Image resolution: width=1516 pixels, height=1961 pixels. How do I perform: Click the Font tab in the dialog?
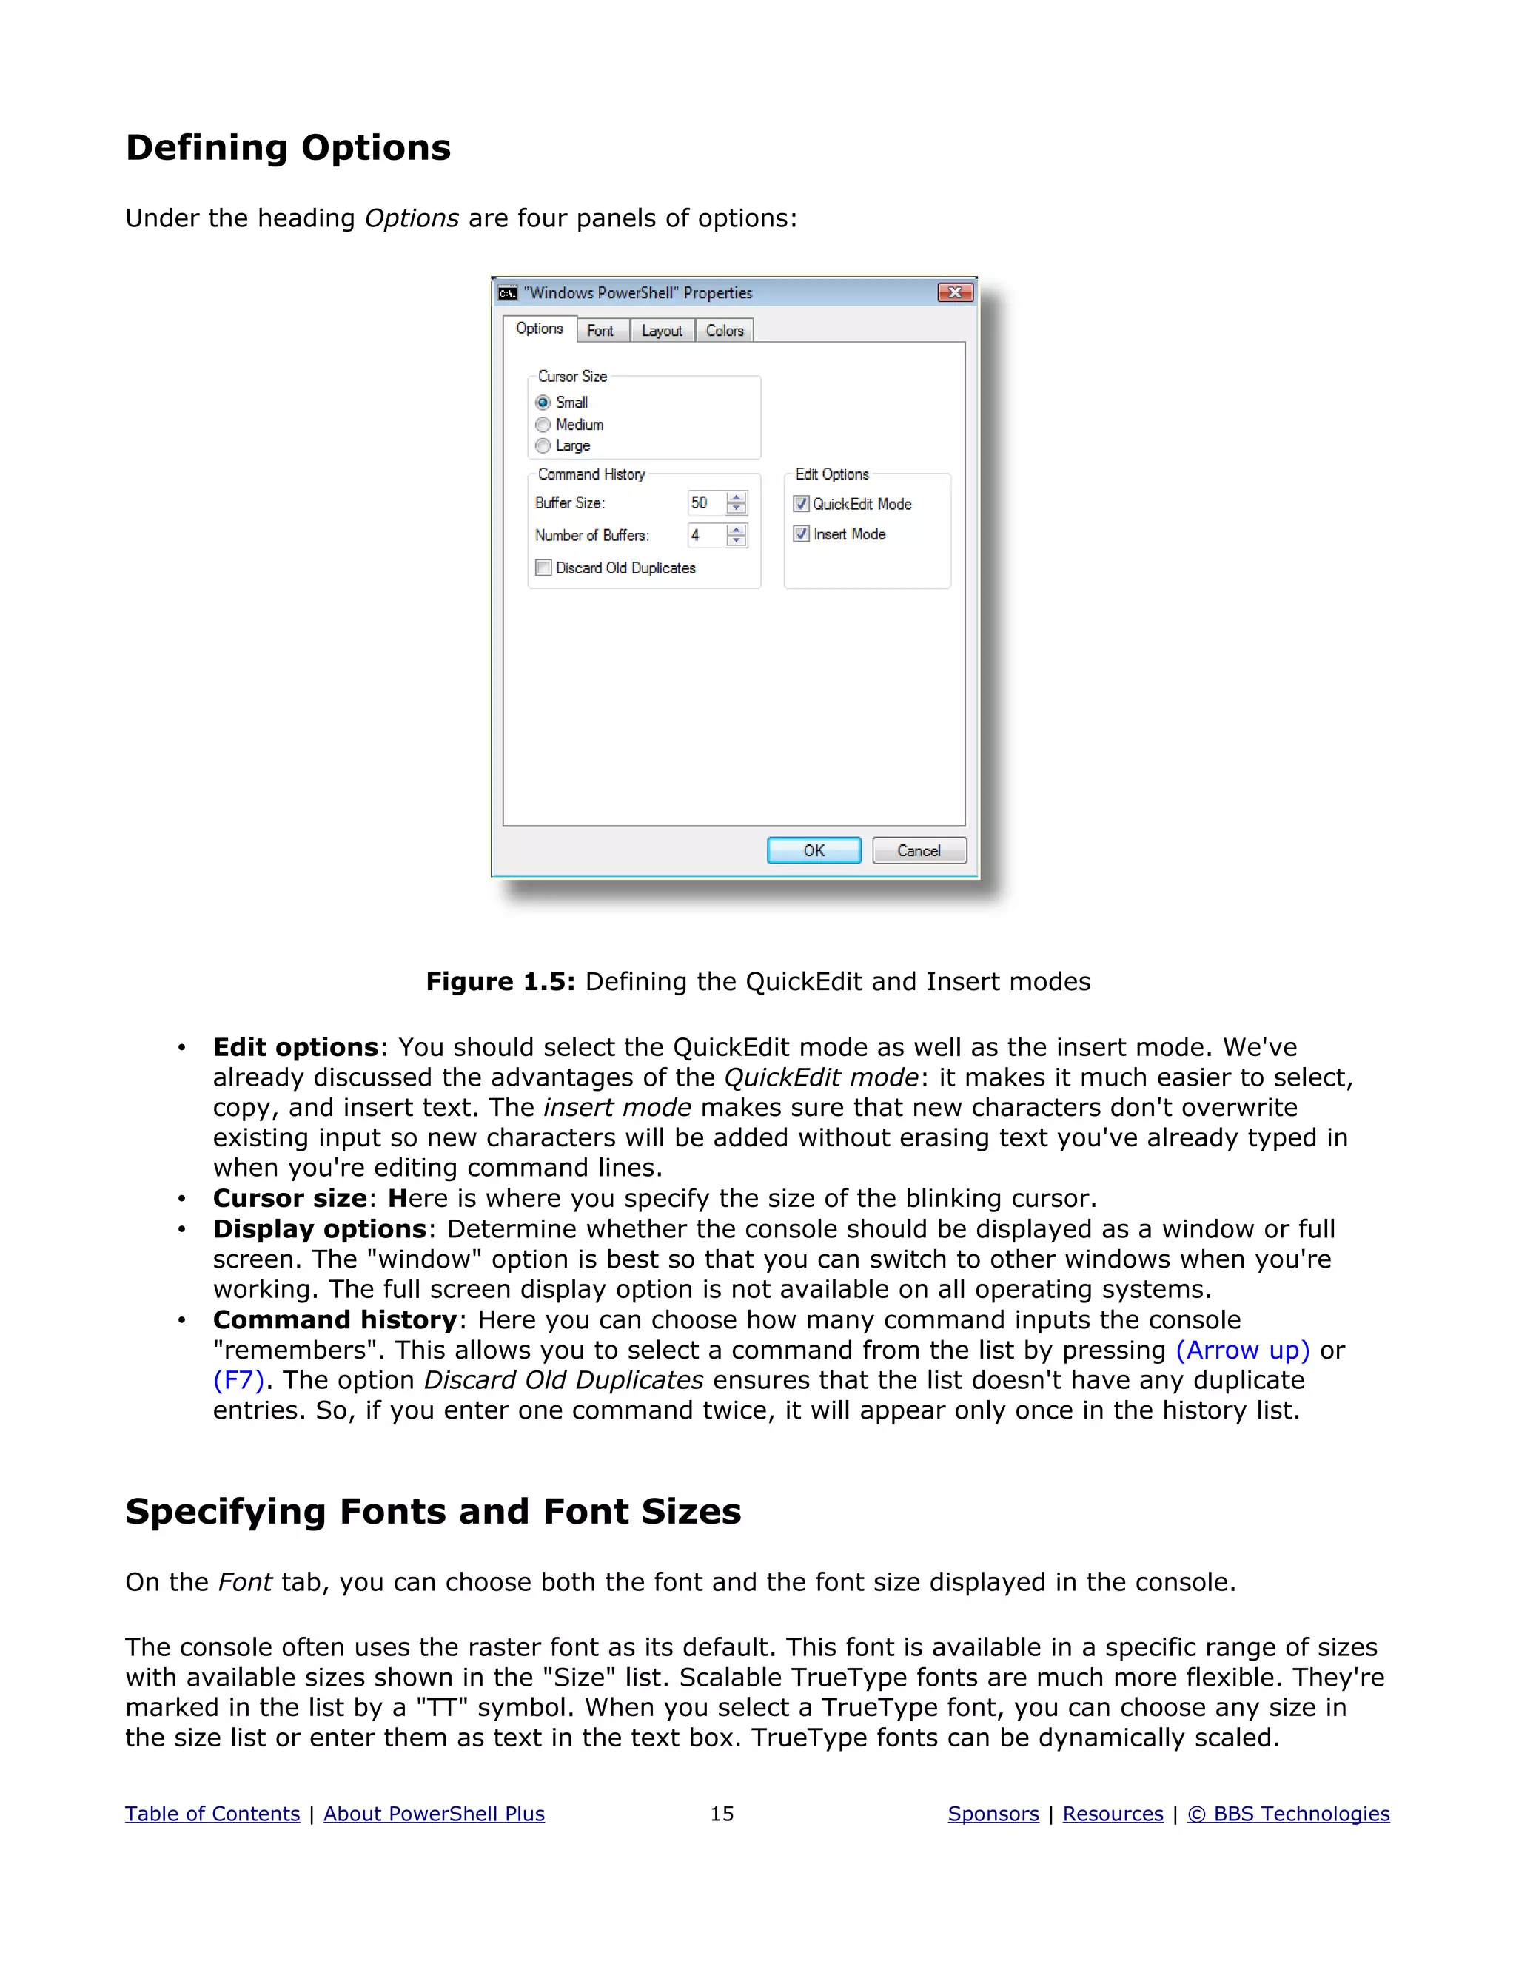pos(600,332)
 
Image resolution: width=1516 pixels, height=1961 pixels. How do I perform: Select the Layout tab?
pos(662,332)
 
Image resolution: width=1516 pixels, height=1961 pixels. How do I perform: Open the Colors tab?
pos(724,332)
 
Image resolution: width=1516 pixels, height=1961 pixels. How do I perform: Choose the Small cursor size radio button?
pos(543,403)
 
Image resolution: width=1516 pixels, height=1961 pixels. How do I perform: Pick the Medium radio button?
pos(543,425)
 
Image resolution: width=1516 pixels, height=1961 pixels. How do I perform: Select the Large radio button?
pos(543,446)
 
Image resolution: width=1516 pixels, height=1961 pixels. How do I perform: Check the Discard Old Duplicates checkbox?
pos(544,568)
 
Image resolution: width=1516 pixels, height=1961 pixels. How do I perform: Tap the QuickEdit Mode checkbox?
pos(802,504)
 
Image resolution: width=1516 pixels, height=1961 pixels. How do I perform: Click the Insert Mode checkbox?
pos(802,534)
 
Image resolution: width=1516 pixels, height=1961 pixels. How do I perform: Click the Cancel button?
pos(919,850)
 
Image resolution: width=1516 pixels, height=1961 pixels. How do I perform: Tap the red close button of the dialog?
pos(955,293)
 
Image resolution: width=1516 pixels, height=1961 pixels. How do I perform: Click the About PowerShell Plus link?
pos(434,1814)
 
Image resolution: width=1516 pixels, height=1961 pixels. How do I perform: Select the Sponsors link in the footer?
pos(993,1814)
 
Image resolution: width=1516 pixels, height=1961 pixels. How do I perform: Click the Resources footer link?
pos(1113,1814)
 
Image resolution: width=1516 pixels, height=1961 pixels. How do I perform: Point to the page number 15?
pos(722,1814)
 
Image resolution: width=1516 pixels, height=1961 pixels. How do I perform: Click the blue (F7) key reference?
pos(239,1380)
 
